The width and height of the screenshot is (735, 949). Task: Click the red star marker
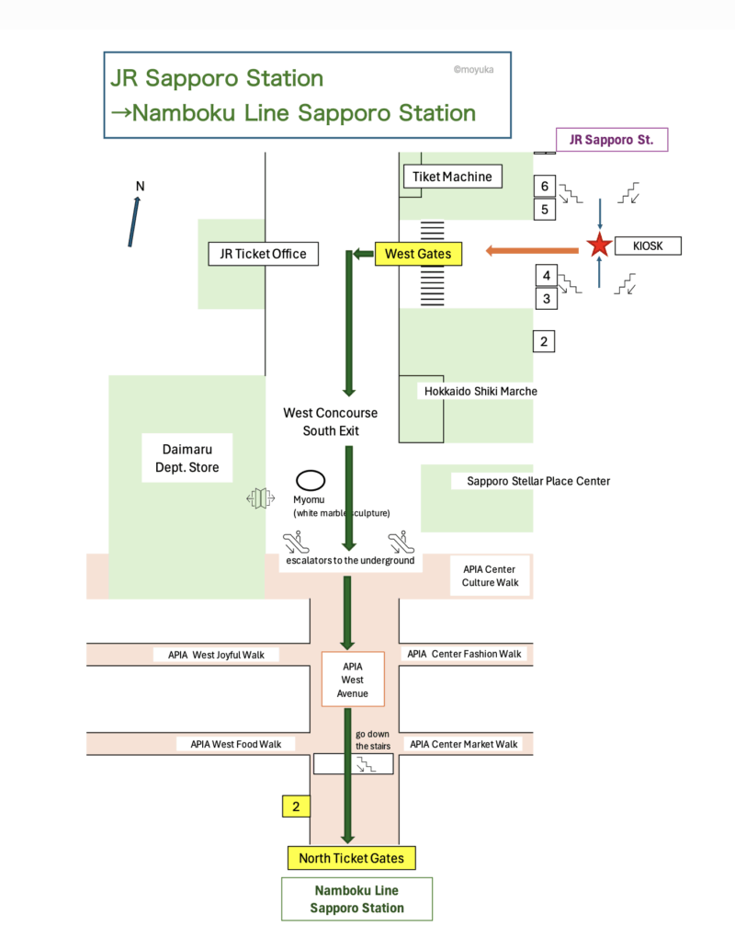pyautogui.click(x=599, y=246)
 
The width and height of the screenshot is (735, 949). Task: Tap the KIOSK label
pyautogui.click(x=647, y=246)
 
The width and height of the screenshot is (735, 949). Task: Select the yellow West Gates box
pyautogui.click(x=418, y=253)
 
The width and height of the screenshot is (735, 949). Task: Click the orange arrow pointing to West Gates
pyautogui.click(x=533, y=249)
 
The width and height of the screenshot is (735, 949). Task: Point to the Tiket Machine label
pyautogui.click(x=452, y=177)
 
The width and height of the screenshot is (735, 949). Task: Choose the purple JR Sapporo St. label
pyautogui.click(x=611, y=140)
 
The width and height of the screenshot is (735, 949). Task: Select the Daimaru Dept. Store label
pyautogui.click(x=187, y=458)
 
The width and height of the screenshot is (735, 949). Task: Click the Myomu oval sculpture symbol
pyautogui.click(x=311, y=479)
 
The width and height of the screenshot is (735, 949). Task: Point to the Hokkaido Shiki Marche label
pyautogui.click(x=481, y=391)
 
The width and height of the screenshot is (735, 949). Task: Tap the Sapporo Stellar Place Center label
pyautogui.click(x=537, y=481)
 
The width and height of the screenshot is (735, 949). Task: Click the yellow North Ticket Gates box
pyautogui.click(x=351, y=858)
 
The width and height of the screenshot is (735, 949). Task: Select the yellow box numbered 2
pyautogui.click(x=296, y=806)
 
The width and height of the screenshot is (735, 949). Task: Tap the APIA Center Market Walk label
pyautogui.click(x=463, y=743)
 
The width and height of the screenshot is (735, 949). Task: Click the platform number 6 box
pyautogui.click(x=545, y=187)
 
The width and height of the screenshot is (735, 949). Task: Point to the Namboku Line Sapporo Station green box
pyautogui.click(x=356, y=898)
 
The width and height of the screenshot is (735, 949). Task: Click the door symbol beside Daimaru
pyautogui.click(x=261, y=498)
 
